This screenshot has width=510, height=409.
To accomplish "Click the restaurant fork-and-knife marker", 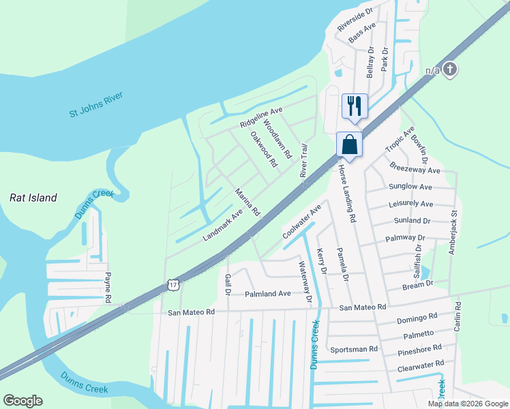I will point(355,106).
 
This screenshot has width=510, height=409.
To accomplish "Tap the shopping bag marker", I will point(349,145).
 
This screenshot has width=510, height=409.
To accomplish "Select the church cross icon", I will point(449,69).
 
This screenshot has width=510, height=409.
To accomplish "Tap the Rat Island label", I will point(33,198).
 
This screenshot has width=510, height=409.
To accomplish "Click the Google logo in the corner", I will point(22,400).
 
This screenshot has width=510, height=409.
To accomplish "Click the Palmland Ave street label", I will point(268,293).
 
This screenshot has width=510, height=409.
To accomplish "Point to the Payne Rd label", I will point(108,287).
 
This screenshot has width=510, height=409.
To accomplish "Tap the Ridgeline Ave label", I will point(261,117).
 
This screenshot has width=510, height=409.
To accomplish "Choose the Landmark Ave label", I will point(222,225).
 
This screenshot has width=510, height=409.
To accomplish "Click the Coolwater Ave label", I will point(301,222).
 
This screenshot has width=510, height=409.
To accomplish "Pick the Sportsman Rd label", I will point(353,349).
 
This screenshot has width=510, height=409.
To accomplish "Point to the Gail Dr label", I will point(228,285).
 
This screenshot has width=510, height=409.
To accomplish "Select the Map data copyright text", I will point(467,403).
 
